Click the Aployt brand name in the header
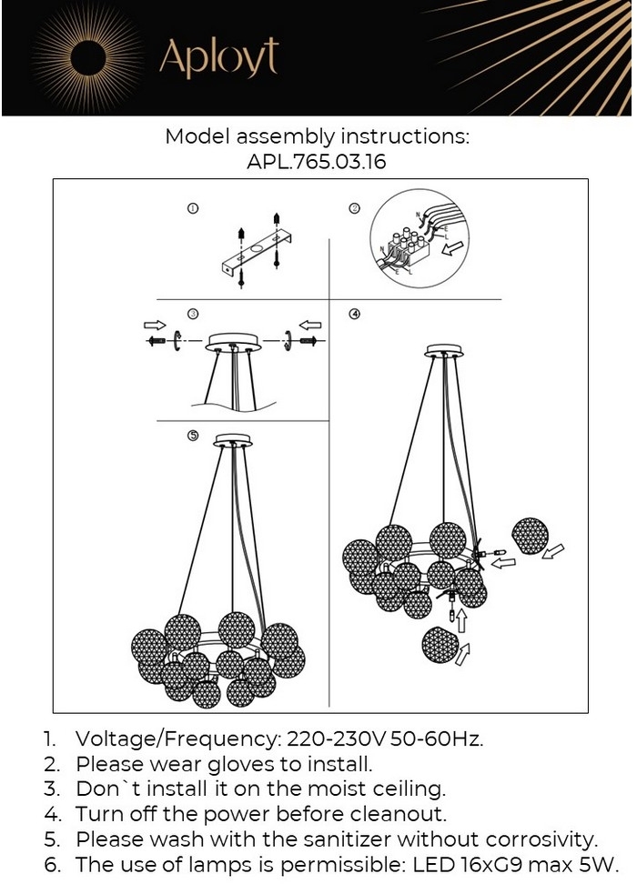click(218, 57)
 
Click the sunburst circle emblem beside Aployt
click(89, 58)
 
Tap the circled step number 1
click(192, 208)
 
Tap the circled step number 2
click(355, 208)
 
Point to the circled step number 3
click(193, 314)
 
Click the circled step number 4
click(355, 314)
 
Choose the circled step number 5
click(194, 436)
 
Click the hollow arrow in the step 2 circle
click(452, 248)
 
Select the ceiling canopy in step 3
click(233, 342)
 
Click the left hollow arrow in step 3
click(156, 325)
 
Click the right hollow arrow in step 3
click(310, 325)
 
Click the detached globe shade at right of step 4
click(530, 537)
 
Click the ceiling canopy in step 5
click(233, 440)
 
